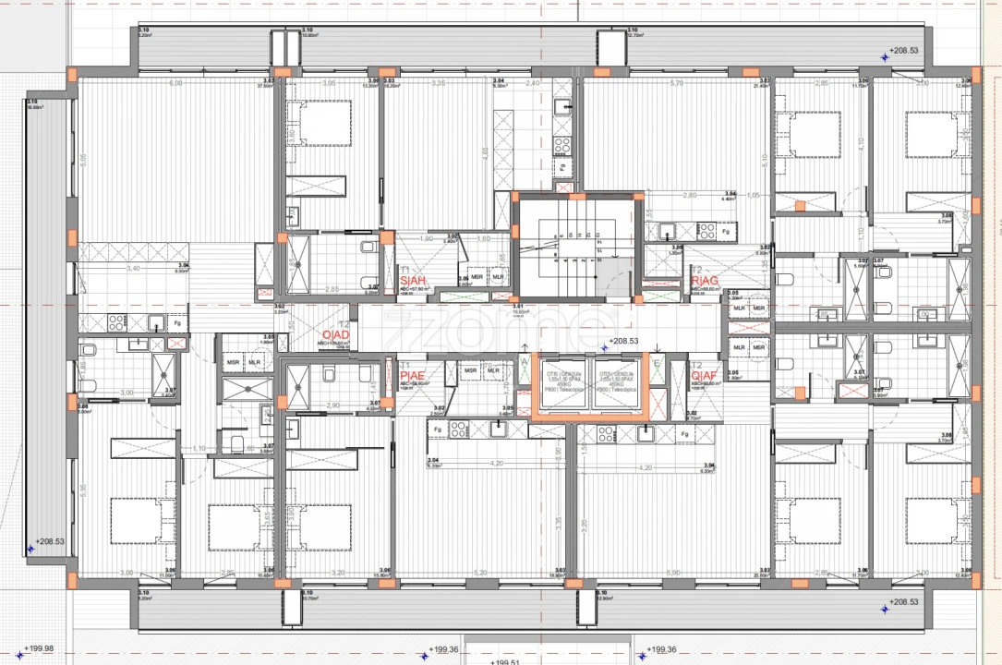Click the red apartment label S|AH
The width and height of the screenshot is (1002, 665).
(x=414, y=280)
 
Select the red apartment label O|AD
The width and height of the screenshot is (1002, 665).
(x=333, y=334)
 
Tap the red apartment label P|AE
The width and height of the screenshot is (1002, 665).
(x=412, y=376)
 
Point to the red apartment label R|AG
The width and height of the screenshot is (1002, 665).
(x=704, y=280)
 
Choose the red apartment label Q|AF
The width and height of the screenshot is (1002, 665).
(x=704, y=376)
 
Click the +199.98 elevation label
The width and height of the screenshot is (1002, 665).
(x=39, y=648)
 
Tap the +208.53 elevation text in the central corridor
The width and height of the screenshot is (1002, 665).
(x=624, y=341)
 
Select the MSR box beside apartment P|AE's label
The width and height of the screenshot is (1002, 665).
(x=471, y=370)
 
